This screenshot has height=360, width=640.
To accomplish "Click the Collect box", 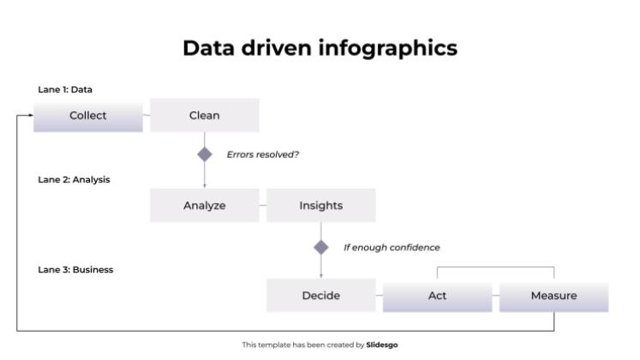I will coord(87,116).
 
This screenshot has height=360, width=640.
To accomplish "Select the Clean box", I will coord(204,116).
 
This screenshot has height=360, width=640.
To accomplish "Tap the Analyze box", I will coord(204,206).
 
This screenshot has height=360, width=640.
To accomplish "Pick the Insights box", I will coord(320,206).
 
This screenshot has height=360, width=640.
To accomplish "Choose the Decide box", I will coord(320,296).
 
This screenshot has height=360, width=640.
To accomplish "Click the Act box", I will coord(437,296).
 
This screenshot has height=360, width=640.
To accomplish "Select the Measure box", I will coord(553,296).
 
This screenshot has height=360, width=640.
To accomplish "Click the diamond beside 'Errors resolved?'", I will coord(205,154).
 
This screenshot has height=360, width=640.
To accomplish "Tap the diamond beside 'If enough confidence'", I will coord(321,247).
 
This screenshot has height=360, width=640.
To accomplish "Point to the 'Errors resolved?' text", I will coord(262,155).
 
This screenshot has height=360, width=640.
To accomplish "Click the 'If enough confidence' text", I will coord(392,248).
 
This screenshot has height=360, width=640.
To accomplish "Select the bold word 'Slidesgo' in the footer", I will coord(382,345).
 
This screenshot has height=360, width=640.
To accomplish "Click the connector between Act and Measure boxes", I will coord(495,297).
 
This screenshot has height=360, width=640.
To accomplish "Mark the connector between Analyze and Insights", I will coord(262,207).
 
